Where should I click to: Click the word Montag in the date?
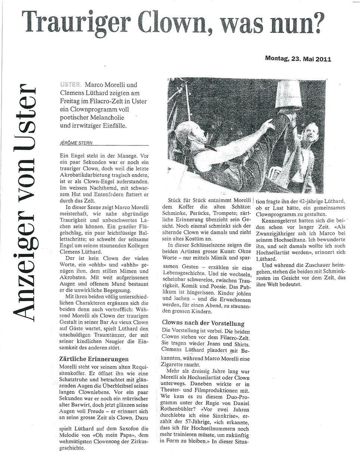[x=277, y=59]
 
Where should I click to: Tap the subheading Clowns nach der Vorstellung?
[x=203, y=323]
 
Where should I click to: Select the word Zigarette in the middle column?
[x=175, y=364]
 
